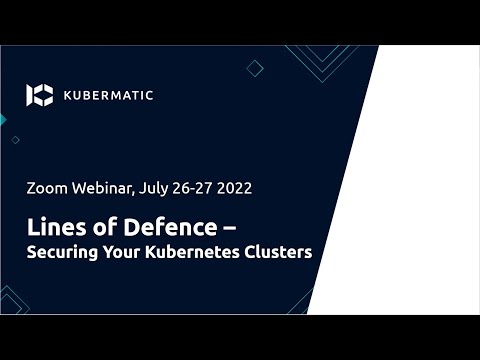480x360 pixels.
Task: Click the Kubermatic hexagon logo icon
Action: pyautogui.click(x=39, y=95)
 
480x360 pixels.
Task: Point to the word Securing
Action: pyautogui.click(x=63, y=252)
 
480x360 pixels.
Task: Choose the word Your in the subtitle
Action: pyautogui.click(x=126, y=252)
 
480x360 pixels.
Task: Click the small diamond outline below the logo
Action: pyautogui.click(x=15, y=140)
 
